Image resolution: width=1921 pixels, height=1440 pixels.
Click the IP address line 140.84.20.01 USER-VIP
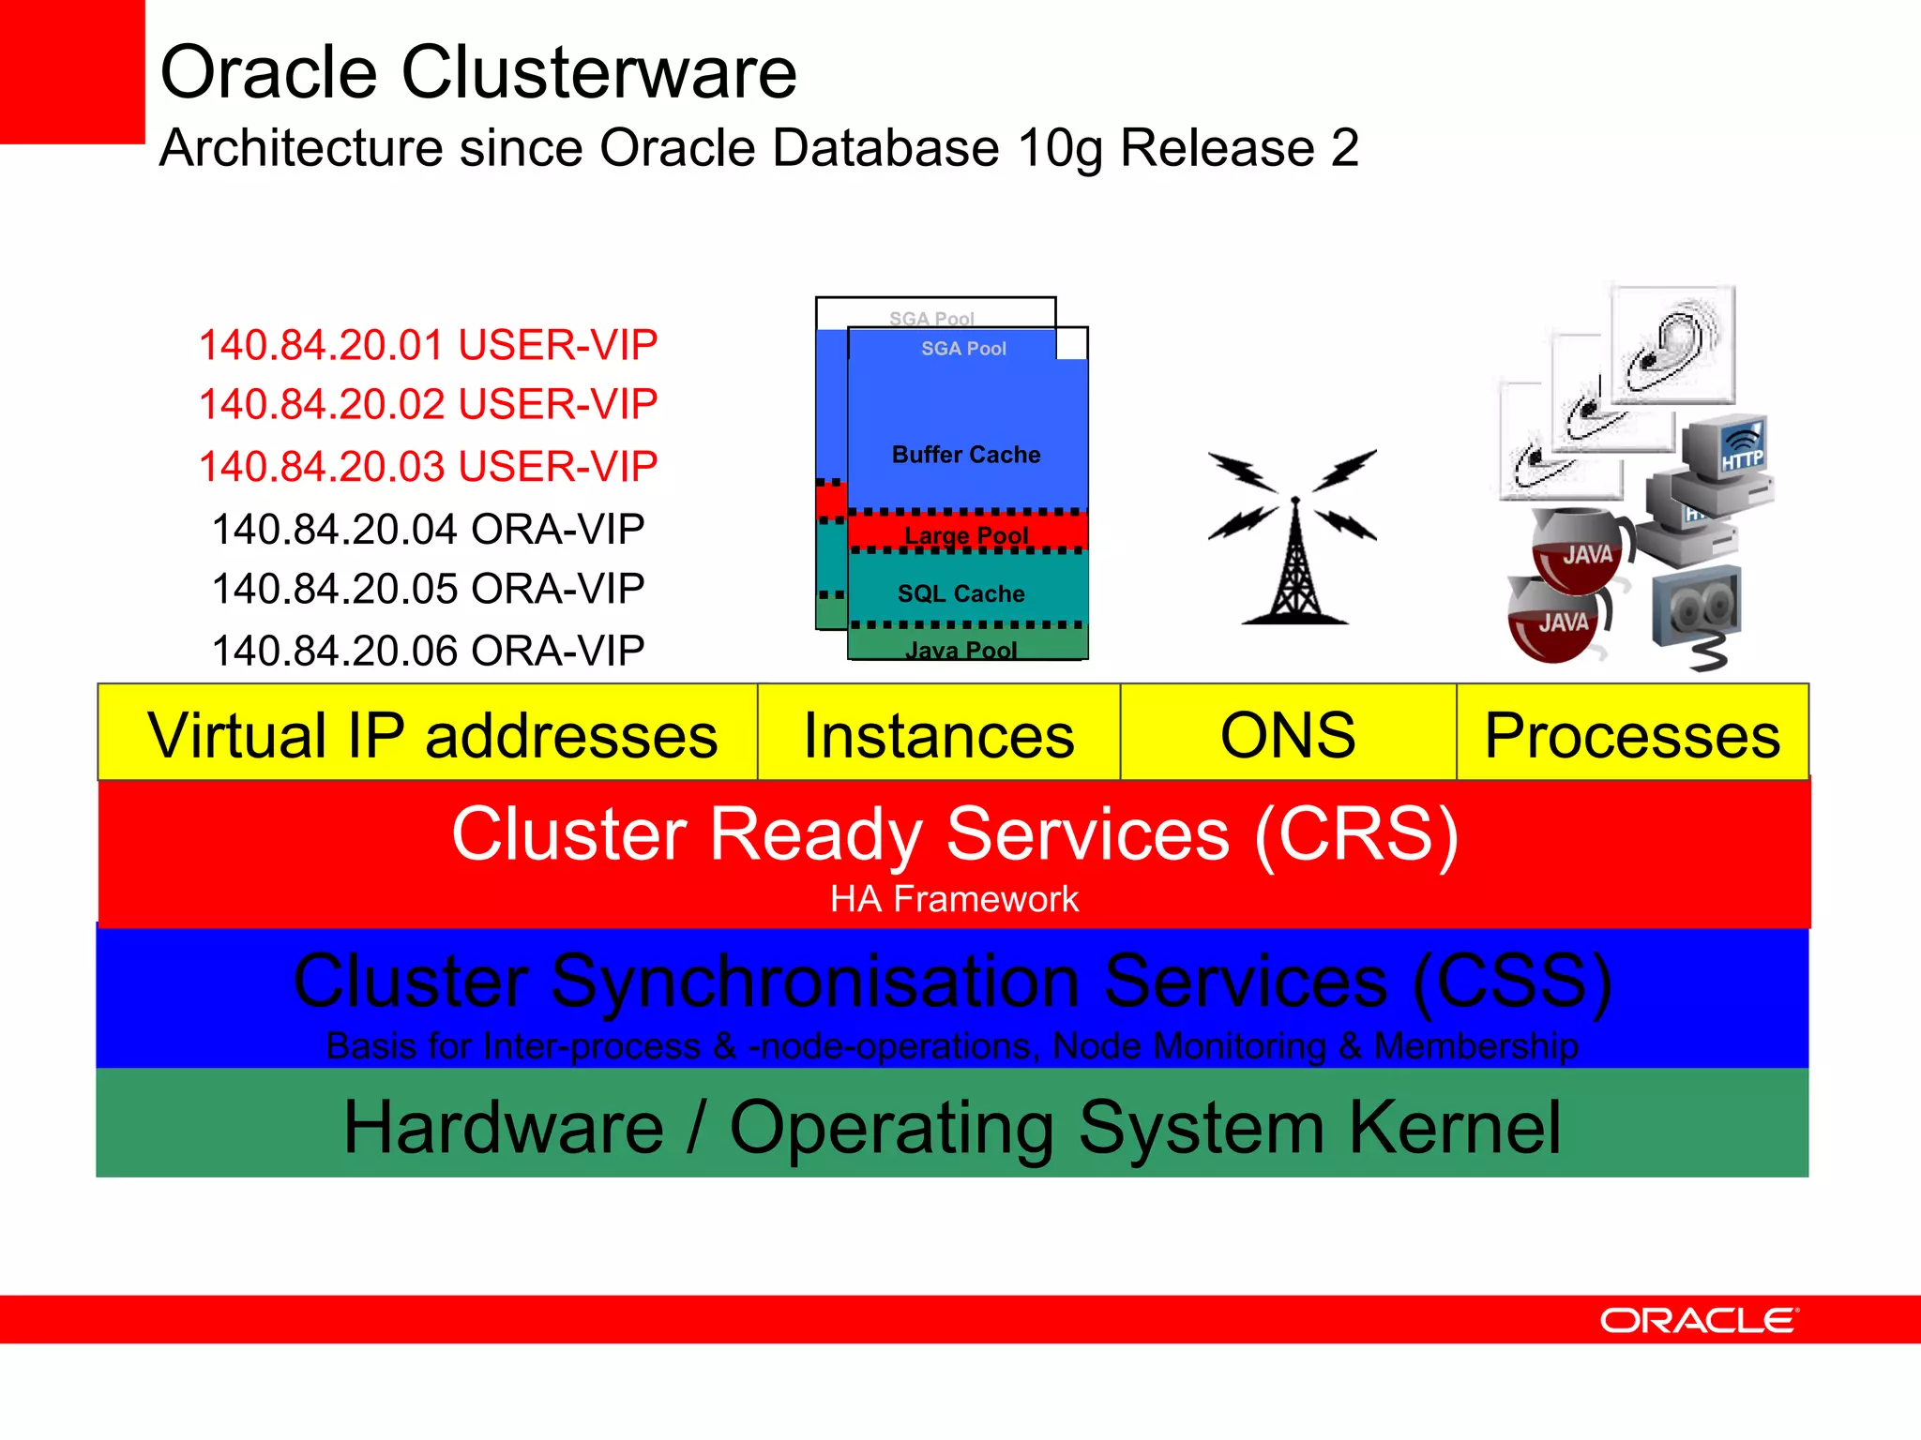(428, 345)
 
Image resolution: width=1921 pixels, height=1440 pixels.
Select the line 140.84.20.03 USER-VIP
(428, 466)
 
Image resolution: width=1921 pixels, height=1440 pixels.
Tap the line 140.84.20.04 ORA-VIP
(428, 529)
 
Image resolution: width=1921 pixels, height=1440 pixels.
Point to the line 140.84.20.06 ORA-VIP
(428, 650)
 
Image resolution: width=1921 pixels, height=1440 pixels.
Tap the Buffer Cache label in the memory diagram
(966, 455)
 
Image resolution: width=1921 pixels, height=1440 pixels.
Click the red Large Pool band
(966, 532)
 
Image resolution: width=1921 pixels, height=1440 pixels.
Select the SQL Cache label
(961, 593)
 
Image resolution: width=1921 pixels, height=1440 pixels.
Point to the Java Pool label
(961, 649)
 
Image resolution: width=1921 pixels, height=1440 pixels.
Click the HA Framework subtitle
(954, 899)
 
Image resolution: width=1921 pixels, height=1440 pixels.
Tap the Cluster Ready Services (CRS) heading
(954, 833)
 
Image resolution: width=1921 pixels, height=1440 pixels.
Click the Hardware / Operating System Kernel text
(952, 1127)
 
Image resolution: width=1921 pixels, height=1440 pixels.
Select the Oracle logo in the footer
(1699, 1320)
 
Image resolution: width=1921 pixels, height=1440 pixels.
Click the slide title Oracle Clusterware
(478, 72)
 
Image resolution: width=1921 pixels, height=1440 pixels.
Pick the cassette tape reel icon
(1696, 609)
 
